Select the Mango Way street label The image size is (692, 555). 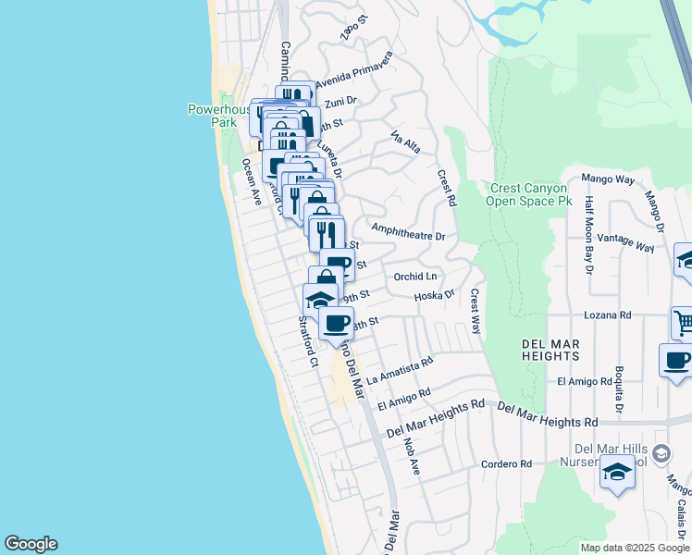pyautogui.click(x=607, y=179)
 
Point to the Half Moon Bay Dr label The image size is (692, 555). pyautogui.click(x=588, y=235)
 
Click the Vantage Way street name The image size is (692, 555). pyautogui.click(x=626, y=242)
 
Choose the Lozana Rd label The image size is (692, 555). pyautogui.click(x=607, y=315)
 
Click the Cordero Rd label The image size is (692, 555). pyautogui.click(x=507, y=463)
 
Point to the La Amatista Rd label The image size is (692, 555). pyautogui.click(x=400, y=372)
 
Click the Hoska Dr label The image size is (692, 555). pyautogui.click(x=434, y=296)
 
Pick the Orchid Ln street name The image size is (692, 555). pyautogui.click(x=414, y=276)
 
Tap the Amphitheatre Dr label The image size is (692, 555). pyautogui.click(x=408, y=232)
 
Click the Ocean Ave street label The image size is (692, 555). pyautogui.click(x=251, y=179)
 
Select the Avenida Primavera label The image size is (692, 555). pyautogui.click(x=354, y=70)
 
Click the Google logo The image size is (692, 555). pyautogui.click(x=31, y=544)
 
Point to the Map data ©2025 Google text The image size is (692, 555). pyautogui.click(x=635, y=548)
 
